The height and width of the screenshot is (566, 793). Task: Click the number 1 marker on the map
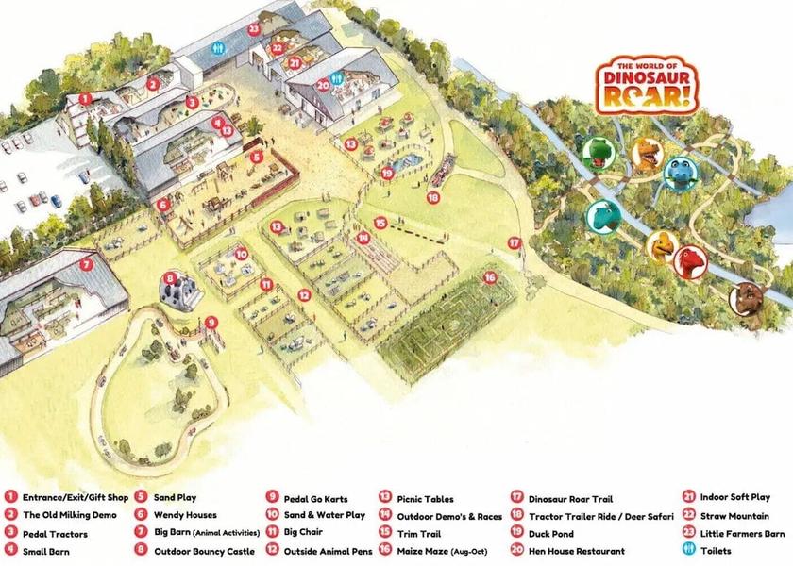[x=85, y=97]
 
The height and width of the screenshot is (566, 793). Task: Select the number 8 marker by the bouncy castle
[x=170, y=277]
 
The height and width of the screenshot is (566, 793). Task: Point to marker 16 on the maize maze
[x=489, y=277]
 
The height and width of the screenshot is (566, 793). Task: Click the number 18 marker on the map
[x=433, y=198]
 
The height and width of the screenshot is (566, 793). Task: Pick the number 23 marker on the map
[x=254, y=29]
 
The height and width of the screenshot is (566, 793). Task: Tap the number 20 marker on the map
[x=322, y=85]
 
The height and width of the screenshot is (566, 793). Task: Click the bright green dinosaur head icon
[x=599, y=151]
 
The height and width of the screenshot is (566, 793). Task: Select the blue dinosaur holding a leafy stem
[x=682, y=173]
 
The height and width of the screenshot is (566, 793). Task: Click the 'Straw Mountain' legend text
[x=734, y=516]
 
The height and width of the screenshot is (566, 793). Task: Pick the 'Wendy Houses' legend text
[x=185, y=515]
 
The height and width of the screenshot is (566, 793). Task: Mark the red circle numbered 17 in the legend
[x=516, y=498]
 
